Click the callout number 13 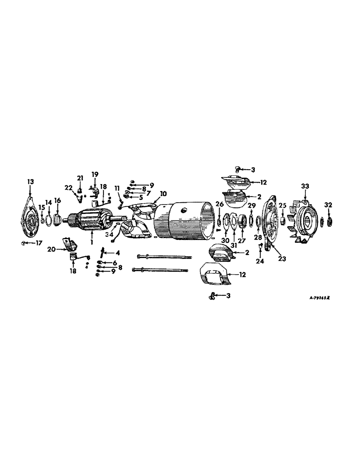point(30,182)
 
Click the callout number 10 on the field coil point(164,193)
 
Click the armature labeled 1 point(91,224)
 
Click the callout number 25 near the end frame point(282,206)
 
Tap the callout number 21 point(80,178)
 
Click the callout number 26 point(219,204)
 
